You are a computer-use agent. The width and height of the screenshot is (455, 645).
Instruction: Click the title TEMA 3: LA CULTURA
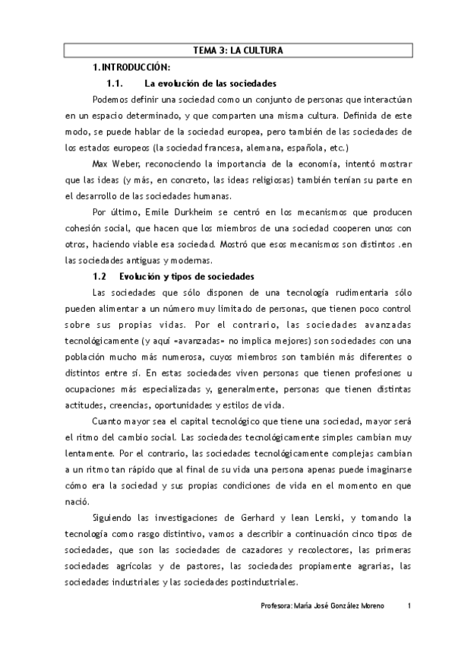pos(238,51)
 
